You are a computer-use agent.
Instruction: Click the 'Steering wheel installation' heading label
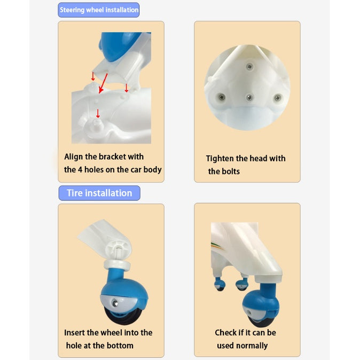(99, 10)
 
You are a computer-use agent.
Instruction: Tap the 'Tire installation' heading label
(99, 193)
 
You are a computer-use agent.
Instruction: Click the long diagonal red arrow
(103, 83)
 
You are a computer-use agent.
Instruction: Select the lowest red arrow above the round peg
(98, 113)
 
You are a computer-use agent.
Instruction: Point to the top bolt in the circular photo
(249, 67)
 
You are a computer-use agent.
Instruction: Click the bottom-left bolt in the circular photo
(221, 97)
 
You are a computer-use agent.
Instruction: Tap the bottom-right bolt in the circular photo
(278, 98)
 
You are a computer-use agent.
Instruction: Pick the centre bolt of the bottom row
(249, 98)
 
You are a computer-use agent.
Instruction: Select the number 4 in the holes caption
(80, 170)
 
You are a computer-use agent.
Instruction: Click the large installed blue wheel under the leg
(261, 305)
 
